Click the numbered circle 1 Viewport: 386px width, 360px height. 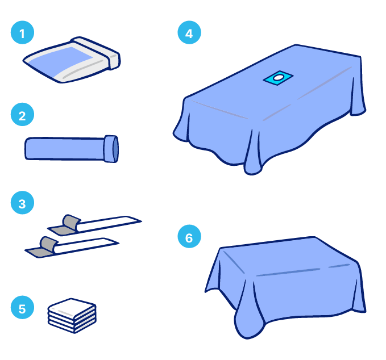[22, 32]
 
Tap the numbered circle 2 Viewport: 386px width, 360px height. [22, 114]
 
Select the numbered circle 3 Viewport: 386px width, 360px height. [22, 203]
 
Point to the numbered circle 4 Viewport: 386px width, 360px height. [189, 32]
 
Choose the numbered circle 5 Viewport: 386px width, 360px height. [22, 307]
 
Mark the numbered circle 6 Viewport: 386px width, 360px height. [189, 236]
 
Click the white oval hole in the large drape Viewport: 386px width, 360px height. [278, 78]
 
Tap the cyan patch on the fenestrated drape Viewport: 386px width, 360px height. [278, 78]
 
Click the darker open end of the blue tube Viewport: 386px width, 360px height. [115, 149]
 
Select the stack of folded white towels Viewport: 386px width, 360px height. [72, 316]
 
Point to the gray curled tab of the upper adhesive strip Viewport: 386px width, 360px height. [72, 222]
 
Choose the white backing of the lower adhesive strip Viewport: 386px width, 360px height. [87, 245]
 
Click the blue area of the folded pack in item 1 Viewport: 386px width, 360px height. [61, 61]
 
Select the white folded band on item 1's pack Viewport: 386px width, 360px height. [96, 53]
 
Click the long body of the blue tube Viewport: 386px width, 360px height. [65, 149]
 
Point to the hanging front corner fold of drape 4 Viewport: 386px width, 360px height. [252, 152]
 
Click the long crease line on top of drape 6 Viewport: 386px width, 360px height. [288, 272]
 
